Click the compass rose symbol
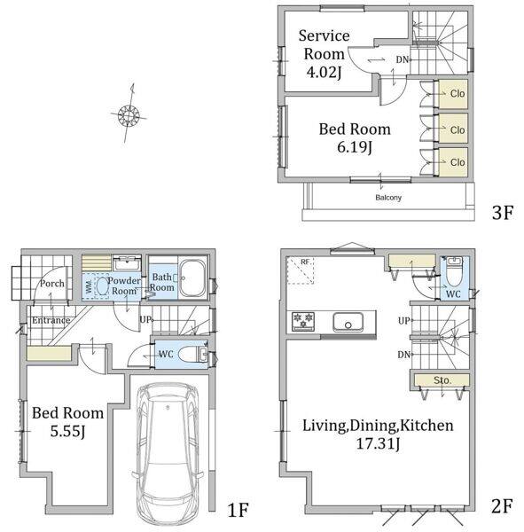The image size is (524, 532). click(x=129, y=115)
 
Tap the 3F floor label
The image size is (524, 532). click(x=503, y=213)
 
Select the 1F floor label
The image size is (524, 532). click(x=238, y=510)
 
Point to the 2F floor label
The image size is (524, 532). click(x=501, y=506)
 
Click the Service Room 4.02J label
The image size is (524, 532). click(x=325, y=54)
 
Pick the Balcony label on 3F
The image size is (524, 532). click(x=388, y=197)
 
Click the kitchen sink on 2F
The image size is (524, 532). click(x=348, y=322)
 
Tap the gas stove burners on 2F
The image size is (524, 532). click(x=303, y=321)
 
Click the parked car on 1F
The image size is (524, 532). click(x=168, y=455)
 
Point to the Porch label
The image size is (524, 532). click(x=52, y=284)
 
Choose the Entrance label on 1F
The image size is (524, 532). click(x=51, y=320)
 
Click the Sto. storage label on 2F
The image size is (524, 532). click(x=442, y=380)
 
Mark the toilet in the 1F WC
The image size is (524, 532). click(x=192, y=355)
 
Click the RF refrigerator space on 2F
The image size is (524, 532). click(x=300, y=270)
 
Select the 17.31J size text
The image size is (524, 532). click(x=378, y=444)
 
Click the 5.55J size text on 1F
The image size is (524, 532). click(x=67, y=432)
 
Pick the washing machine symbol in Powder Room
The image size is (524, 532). click(x=96, y=286)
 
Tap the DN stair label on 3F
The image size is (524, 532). click(x=403, y=59)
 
